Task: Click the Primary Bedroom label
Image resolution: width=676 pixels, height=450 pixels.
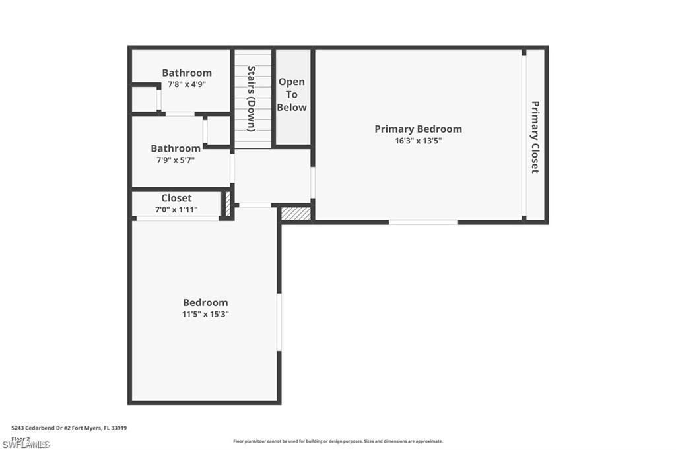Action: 418,129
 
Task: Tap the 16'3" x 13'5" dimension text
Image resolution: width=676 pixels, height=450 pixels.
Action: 418,141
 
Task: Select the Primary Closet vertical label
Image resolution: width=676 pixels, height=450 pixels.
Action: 535,137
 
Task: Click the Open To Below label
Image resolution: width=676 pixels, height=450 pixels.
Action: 292,94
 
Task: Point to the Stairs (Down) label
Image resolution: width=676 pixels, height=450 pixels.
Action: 252,98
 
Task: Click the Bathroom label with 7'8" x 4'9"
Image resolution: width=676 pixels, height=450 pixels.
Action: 187,73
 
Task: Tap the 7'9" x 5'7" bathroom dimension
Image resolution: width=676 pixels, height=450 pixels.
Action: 176,160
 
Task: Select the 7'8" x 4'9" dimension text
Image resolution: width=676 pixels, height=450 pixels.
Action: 187,84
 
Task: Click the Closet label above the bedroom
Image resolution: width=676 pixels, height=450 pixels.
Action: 176,198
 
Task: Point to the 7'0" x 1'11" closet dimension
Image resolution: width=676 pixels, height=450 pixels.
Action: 176,210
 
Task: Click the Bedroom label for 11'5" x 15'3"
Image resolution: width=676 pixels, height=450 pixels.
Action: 205,303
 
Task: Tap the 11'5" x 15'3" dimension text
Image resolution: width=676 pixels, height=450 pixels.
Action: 205,314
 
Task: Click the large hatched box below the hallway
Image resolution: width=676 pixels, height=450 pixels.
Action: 296,214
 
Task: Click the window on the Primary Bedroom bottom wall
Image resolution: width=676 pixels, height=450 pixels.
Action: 423,222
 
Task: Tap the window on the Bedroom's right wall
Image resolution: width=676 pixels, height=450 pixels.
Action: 279,322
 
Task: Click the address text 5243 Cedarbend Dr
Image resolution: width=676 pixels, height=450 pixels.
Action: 69,428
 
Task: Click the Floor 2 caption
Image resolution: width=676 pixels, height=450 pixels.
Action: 20,438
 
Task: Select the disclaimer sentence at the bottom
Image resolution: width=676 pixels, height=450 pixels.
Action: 337,441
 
